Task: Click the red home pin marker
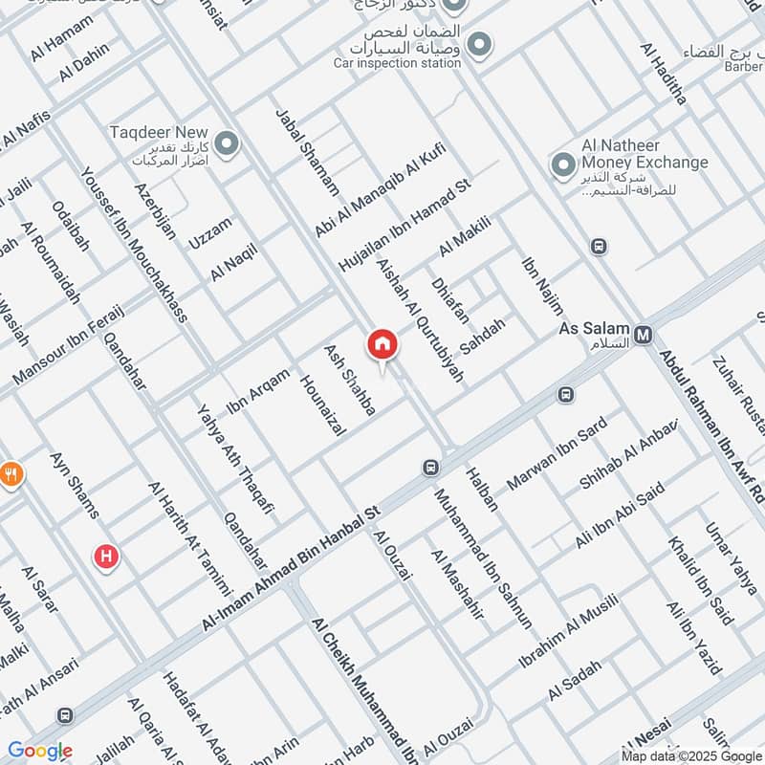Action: pyautogui.click(x=382, y=344)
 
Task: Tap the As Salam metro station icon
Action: pyautogui.click(x=645, y=334)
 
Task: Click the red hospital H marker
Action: pyautogui.click(x=105, y=556)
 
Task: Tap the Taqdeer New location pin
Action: pyautogui.click(x=227, y=144)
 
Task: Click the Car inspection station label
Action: pyautogui.click(x=397, y=63)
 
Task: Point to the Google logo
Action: pyautogui.click(x=39, y=751)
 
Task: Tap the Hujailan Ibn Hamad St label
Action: pyautogui.click(x=405, y=226)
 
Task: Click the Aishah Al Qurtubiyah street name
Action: pyautogui.click(x=420, y=320)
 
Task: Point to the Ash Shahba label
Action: pyautogui.click(x=350, y=379)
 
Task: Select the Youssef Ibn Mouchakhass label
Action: pyautogui.click(x=134, y=245)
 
